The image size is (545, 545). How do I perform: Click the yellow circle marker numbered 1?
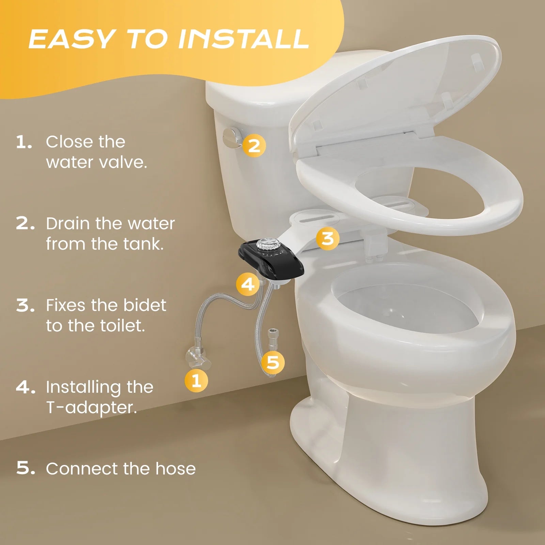(x=196, y=380)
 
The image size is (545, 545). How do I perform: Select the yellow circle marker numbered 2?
(x=254, y=146)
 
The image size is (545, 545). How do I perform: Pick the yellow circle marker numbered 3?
(x=327, y=238)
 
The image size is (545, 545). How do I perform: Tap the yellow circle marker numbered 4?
(x=248, y=284)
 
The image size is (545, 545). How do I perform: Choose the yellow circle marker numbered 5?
(x=273, y=362)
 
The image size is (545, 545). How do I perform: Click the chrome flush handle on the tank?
(x=232, y=138)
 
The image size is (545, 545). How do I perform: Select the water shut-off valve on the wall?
(x=198, y=356)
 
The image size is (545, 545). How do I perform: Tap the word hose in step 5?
(x=175, y=469)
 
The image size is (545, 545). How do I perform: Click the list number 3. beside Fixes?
(x=25, y=305)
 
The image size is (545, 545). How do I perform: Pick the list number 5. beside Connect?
(x=25, y=469)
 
